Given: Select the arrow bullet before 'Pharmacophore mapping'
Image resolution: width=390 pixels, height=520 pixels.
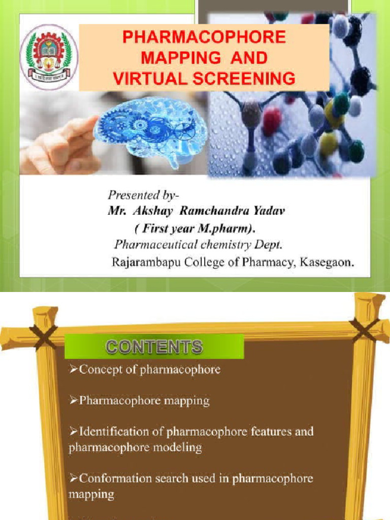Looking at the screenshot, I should (x=74, y=401).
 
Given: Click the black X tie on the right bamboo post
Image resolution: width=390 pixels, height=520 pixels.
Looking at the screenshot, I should (x=364, y=330).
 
